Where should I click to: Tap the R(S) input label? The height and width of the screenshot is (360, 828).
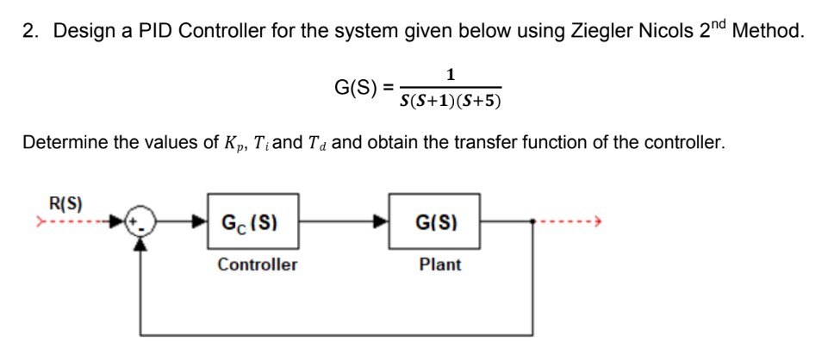coord(65,205)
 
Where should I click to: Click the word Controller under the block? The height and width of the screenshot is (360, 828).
coord(257,264)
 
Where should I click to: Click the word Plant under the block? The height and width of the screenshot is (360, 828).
coord(439,264)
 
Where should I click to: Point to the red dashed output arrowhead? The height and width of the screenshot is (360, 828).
coord(595,223)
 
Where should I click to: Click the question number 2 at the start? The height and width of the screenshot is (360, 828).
coord(30,32)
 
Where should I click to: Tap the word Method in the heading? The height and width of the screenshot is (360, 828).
coord(768,32)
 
